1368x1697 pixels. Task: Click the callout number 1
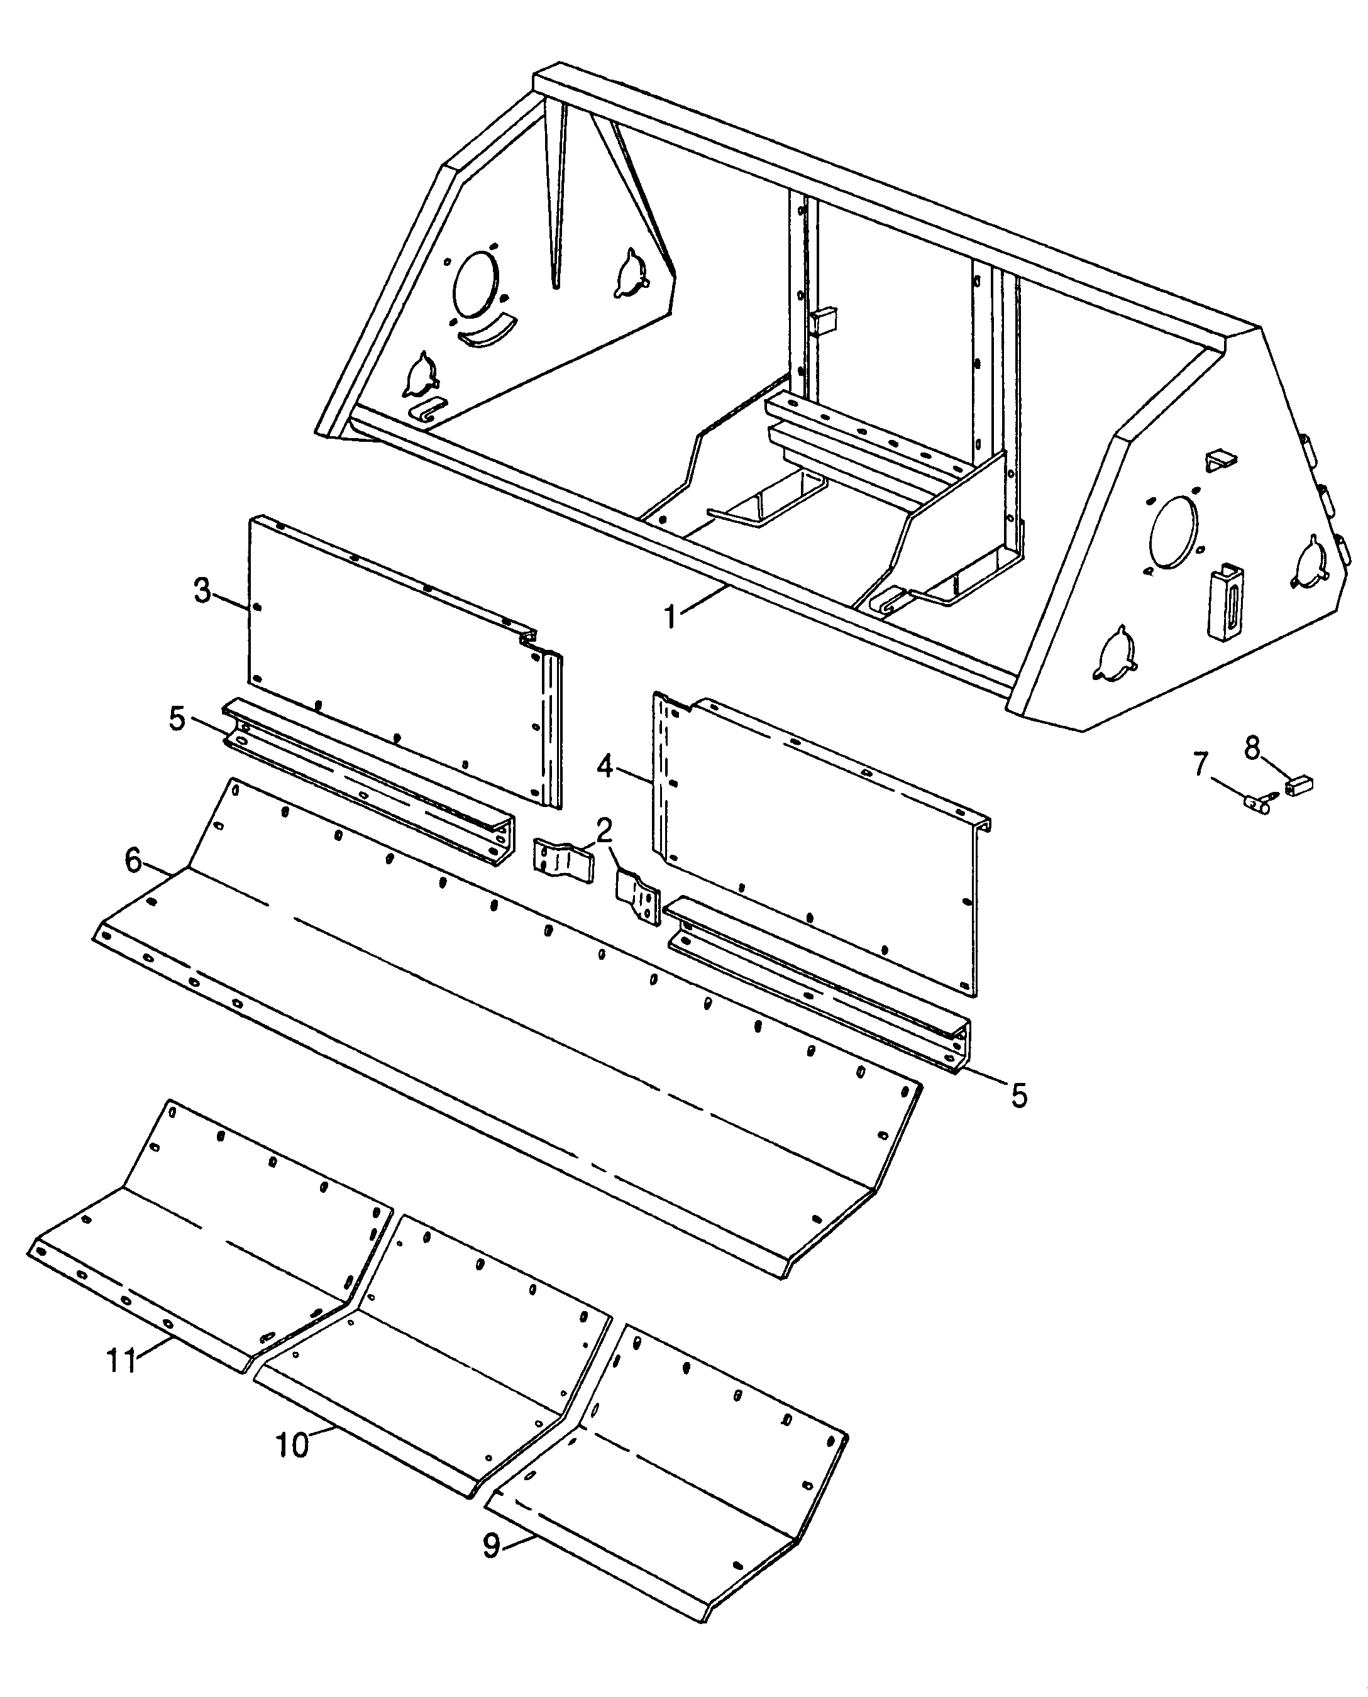[x=671, y=617]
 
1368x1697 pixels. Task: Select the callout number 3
[x=202, y=591]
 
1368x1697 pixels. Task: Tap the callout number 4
[x=604, y=766]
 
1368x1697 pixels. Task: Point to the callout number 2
[x=604, y=830]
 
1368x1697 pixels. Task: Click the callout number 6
[x=134, y=861]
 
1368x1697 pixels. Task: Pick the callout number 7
[x=1200, y=764]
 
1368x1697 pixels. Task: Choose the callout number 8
[x=1252, y=747]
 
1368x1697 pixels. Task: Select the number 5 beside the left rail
[x=177, y=718]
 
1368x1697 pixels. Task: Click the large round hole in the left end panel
[x=475, y=285]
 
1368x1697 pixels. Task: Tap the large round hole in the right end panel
[x=1173, y=530]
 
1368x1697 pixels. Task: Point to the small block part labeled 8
[x=1299, y=784]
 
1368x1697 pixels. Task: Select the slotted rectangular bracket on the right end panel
[x=1226, y=603]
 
